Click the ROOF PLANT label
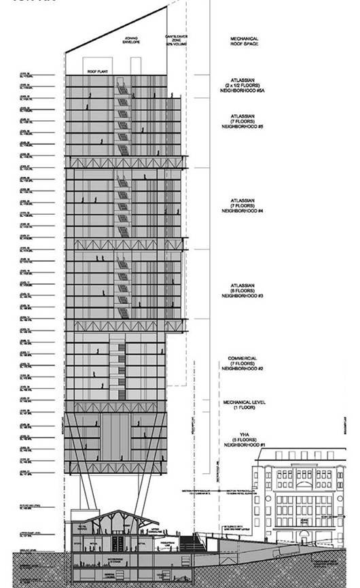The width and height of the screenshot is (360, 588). point(95,70)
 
